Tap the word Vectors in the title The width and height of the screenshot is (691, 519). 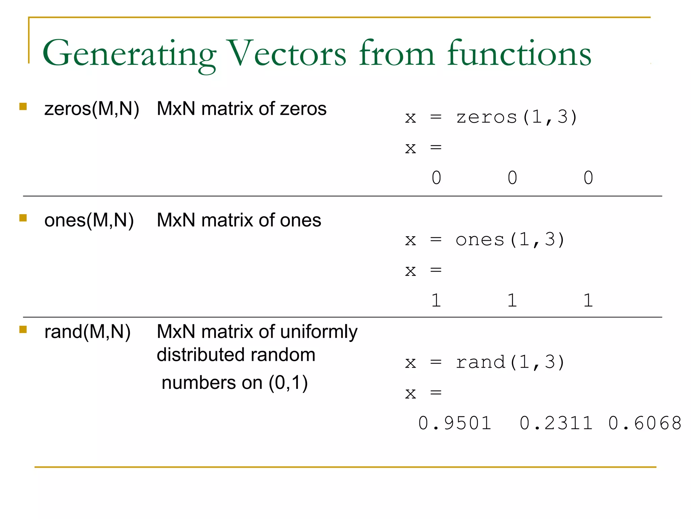click(287, 53)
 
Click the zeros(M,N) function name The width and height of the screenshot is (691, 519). click(91, 109)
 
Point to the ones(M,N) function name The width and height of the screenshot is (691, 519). click(89, 220)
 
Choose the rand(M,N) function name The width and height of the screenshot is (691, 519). click(87, 331)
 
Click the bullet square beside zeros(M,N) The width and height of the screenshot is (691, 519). click(23, 107)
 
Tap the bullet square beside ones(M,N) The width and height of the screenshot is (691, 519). click(23, 218)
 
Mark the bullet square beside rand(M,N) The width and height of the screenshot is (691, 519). click(23, 329)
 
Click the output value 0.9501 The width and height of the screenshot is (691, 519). click(454, 423)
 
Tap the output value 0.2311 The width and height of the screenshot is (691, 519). click(556, 423)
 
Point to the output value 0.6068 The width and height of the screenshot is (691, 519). click(645, 423)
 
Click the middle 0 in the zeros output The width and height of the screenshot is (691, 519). click(512, 178)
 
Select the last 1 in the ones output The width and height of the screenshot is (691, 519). click(588, 300)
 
